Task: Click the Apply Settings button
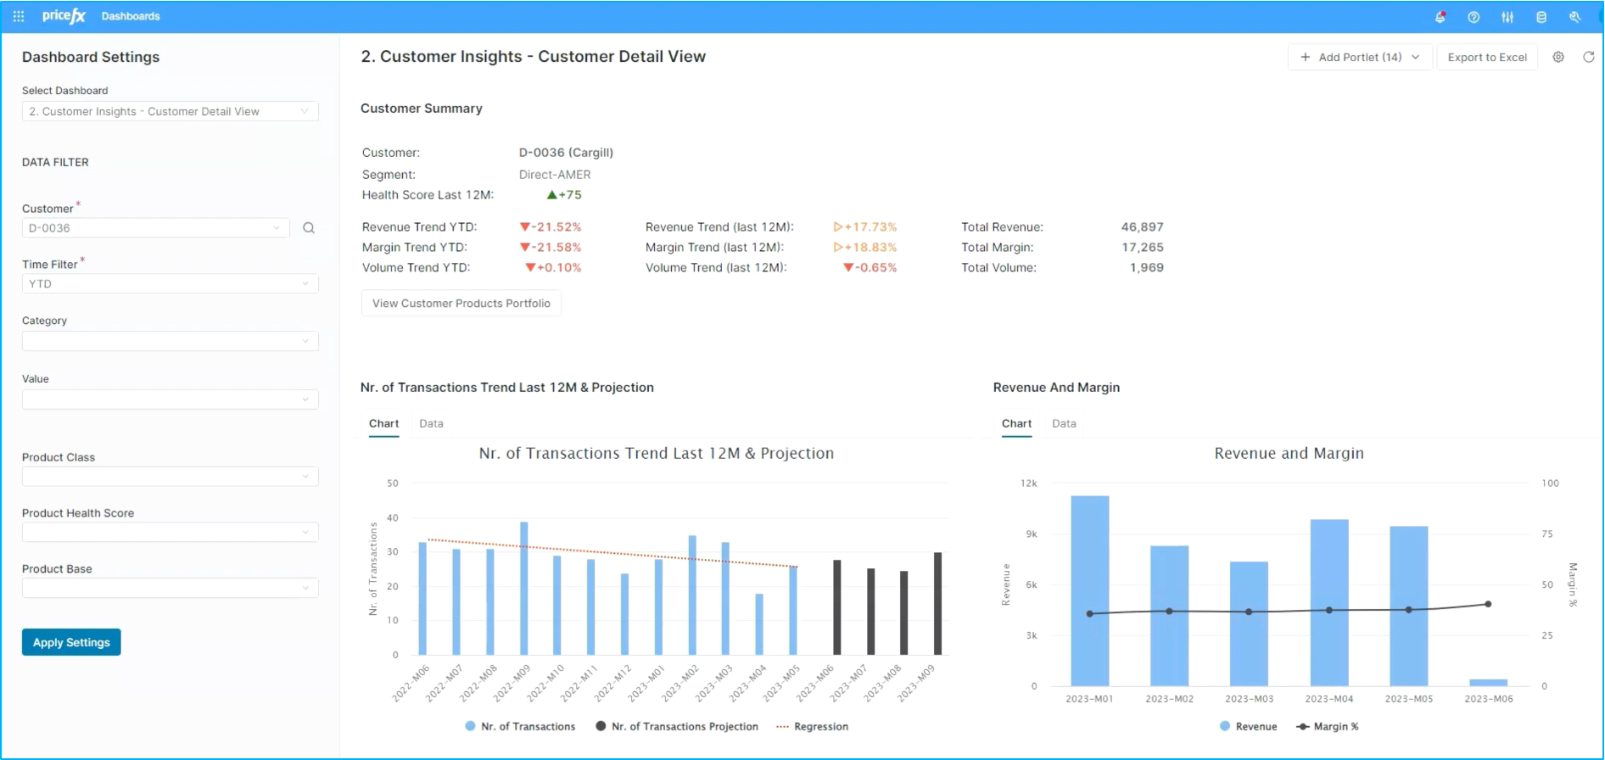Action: pyautogui.click(x=71, y=642)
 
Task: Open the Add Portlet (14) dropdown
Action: pyautogui.click(x=1360, y=58)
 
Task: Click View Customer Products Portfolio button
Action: pyautogui.click(x=461, y=304)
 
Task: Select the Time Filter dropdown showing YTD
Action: pyautogui.click(x=170, y=284)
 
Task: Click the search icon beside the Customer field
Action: pyautogui.click(x=309, y=228)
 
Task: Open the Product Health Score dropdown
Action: pyautogui.click(x=170, y=533)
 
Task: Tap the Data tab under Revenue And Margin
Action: pyautogui.click(x=1064, y=423)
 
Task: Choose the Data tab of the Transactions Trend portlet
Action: pyautogui.click(x=431, y=423)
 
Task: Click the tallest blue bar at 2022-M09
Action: pyautogui.click(x=523, y=589)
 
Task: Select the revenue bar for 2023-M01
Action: pyautogui.click(x=1090, y=591)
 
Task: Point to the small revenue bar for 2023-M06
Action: pyautogui.click(x=1488, y=683)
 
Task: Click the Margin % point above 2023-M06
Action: pyautogui.click(x=1488, y=605)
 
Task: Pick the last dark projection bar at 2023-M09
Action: pyautogui.click(x=937, y=604)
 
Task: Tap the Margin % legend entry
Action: pyautogui.click(x=1328, y=727)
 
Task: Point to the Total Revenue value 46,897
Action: pyautogui.click(x=1142, y=227)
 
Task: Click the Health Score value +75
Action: pyautogui.click(x=564, y=195)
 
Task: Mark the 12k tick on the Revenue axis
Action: pyautogui.click(x=1028, y=483)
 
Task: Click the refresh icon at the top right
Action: pyautogui.click(x=1588, y=58)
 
